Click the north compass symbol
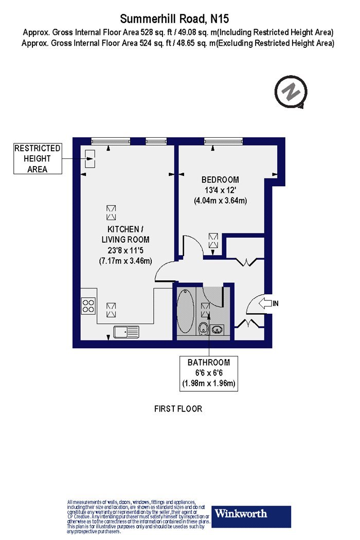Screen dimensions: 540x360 [291, 93]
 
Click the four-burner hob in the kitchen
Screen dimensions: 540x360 [88, 305]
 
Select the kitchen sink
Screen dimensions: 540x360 [127, 332]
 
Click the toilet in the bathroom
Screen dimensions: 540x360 [204, 328]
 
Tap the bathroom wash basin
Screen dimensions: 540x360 [218, 328]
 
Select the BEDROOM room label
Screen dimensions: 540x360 [220, 179]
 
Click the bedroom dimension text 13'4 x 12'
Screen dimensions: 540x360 [220, 190]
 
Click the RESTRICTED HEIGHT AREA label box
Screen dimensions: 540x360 [37, 158]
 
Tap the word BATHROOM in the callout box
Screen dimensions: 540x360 [209, 362]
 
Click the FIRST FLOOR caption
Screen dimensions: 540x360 [178, 409]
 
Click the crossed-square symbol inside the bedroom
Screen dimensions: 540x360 [213, 240]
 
